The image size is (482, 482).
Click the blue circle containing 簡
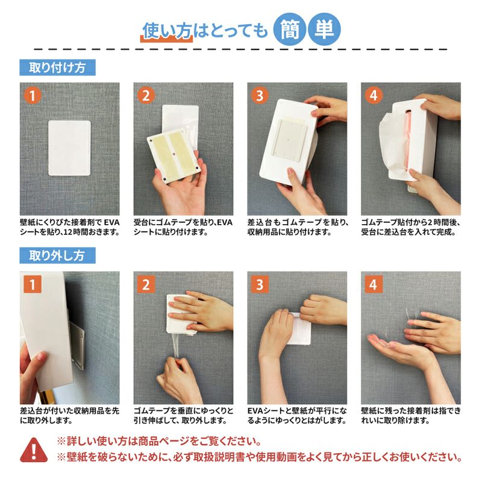(x=290, y=30)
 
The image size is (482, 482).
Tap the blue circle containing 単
(x=324, y=30)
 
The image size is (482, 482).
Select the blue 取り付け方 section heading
(x=57, y=67)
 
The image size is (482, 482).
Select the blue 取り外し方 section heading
(x=57, y=255)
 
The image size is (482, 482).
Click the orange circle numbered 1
(x=33, y=95)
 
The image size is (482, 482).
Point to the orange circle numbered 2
(x=146, y=95)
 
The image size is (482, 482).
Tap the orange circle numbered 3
(x=260, y=95)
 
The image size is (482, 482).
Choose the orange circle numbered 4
(x=374, y=95)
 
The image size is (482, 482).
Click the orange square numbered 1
(x=33, y=284)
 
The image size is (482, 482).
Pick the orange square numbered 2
(x=146, y=284)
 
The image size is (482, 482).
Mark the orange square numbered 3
(x=260, y=284)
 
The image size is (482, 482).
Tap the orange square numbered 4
(x=374, y=284)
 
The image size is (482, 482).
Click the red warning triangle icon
(x=34, y=450)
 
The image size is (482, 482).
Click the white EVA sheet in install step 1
(x=69, y=148)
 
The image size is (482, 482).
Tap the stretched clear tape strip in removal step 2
(x=177, y=346)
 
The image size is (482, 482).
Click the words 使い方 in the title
(x=167, y=31)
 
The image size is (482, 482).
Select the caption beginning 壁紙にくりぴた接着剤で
(x=70, y=227)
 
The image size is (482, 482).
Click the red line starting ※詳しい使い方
(x=159, y=442)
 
